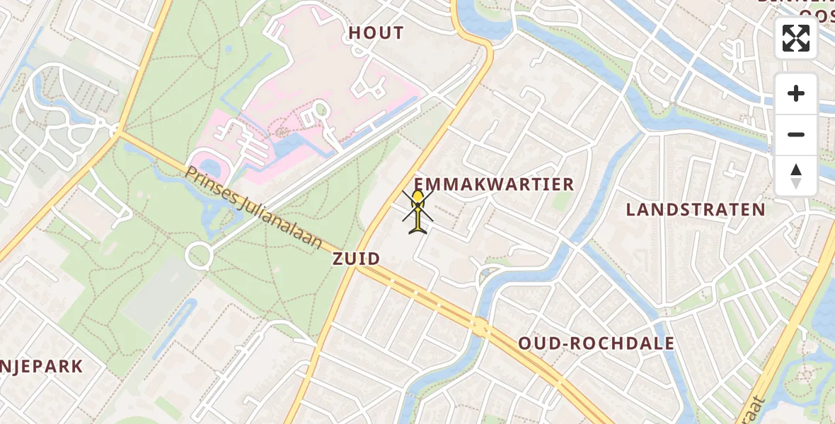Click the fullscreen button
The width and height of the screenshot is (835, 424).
pos(796,38)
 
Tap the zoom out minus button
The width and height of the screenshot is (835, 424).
pos(796,134)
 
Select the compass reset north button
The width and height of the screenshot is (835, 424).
pos(796,176)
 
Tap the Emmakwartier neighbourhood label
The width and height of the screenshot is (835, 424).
pos(494,185)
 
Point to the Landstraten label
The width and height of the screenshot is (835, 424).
pos(696,209)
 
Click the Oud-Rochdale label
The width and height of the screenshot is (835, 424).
pos(596,343)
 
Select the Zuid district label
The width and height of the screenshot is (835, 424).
pos(357,259)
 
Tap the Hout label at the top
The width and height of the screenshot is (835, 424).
pos(376,33)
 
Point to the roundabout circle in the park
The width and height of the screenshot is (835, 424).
pos(199,255)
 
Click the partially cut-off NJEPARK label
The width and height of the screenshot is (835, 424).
pos(42,367)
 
